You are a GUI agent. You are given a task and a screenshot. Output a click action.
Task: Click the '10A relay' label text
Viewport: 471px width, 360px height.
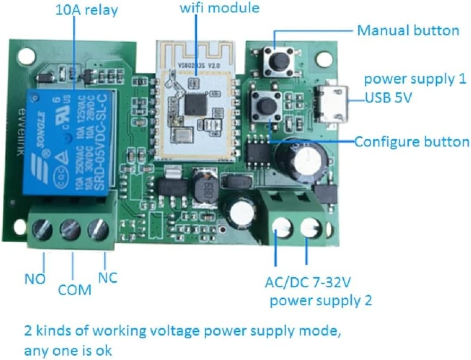(x=86, y=10)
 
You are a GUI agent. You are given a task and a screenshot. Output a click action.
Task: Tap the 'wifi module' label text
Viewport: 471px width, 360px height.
(x=219, y=9)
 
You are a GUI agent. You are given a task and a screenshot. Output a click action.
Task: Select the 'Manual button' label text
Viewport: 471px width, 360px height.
(x=407, y=30)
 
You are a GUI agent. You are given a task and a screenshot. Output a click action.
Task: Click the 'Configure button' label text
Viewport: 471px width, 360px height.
(x=411, y=142)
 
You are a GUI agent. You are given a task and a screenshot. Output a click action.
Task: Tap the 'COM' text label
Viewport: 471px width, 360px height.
(x=74, y=290)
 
